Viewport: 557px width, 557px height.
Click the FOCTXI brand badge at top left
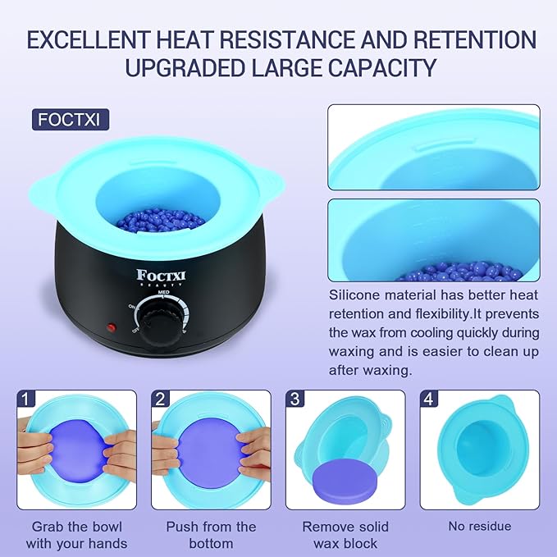click(x=72, y=119)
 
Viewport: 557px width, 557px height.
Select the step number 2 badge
click(x=161, y=399)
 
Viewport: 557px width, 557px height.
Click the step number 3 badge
click(x=294, y=399)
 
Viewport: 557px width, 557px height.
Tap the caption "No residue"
click(x=480, y=527)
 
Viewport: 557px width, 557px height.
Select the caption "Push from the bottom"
click(x=211, y=534)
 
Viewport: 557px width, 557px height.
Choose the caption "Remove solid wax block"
click(x=345, y=534)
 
